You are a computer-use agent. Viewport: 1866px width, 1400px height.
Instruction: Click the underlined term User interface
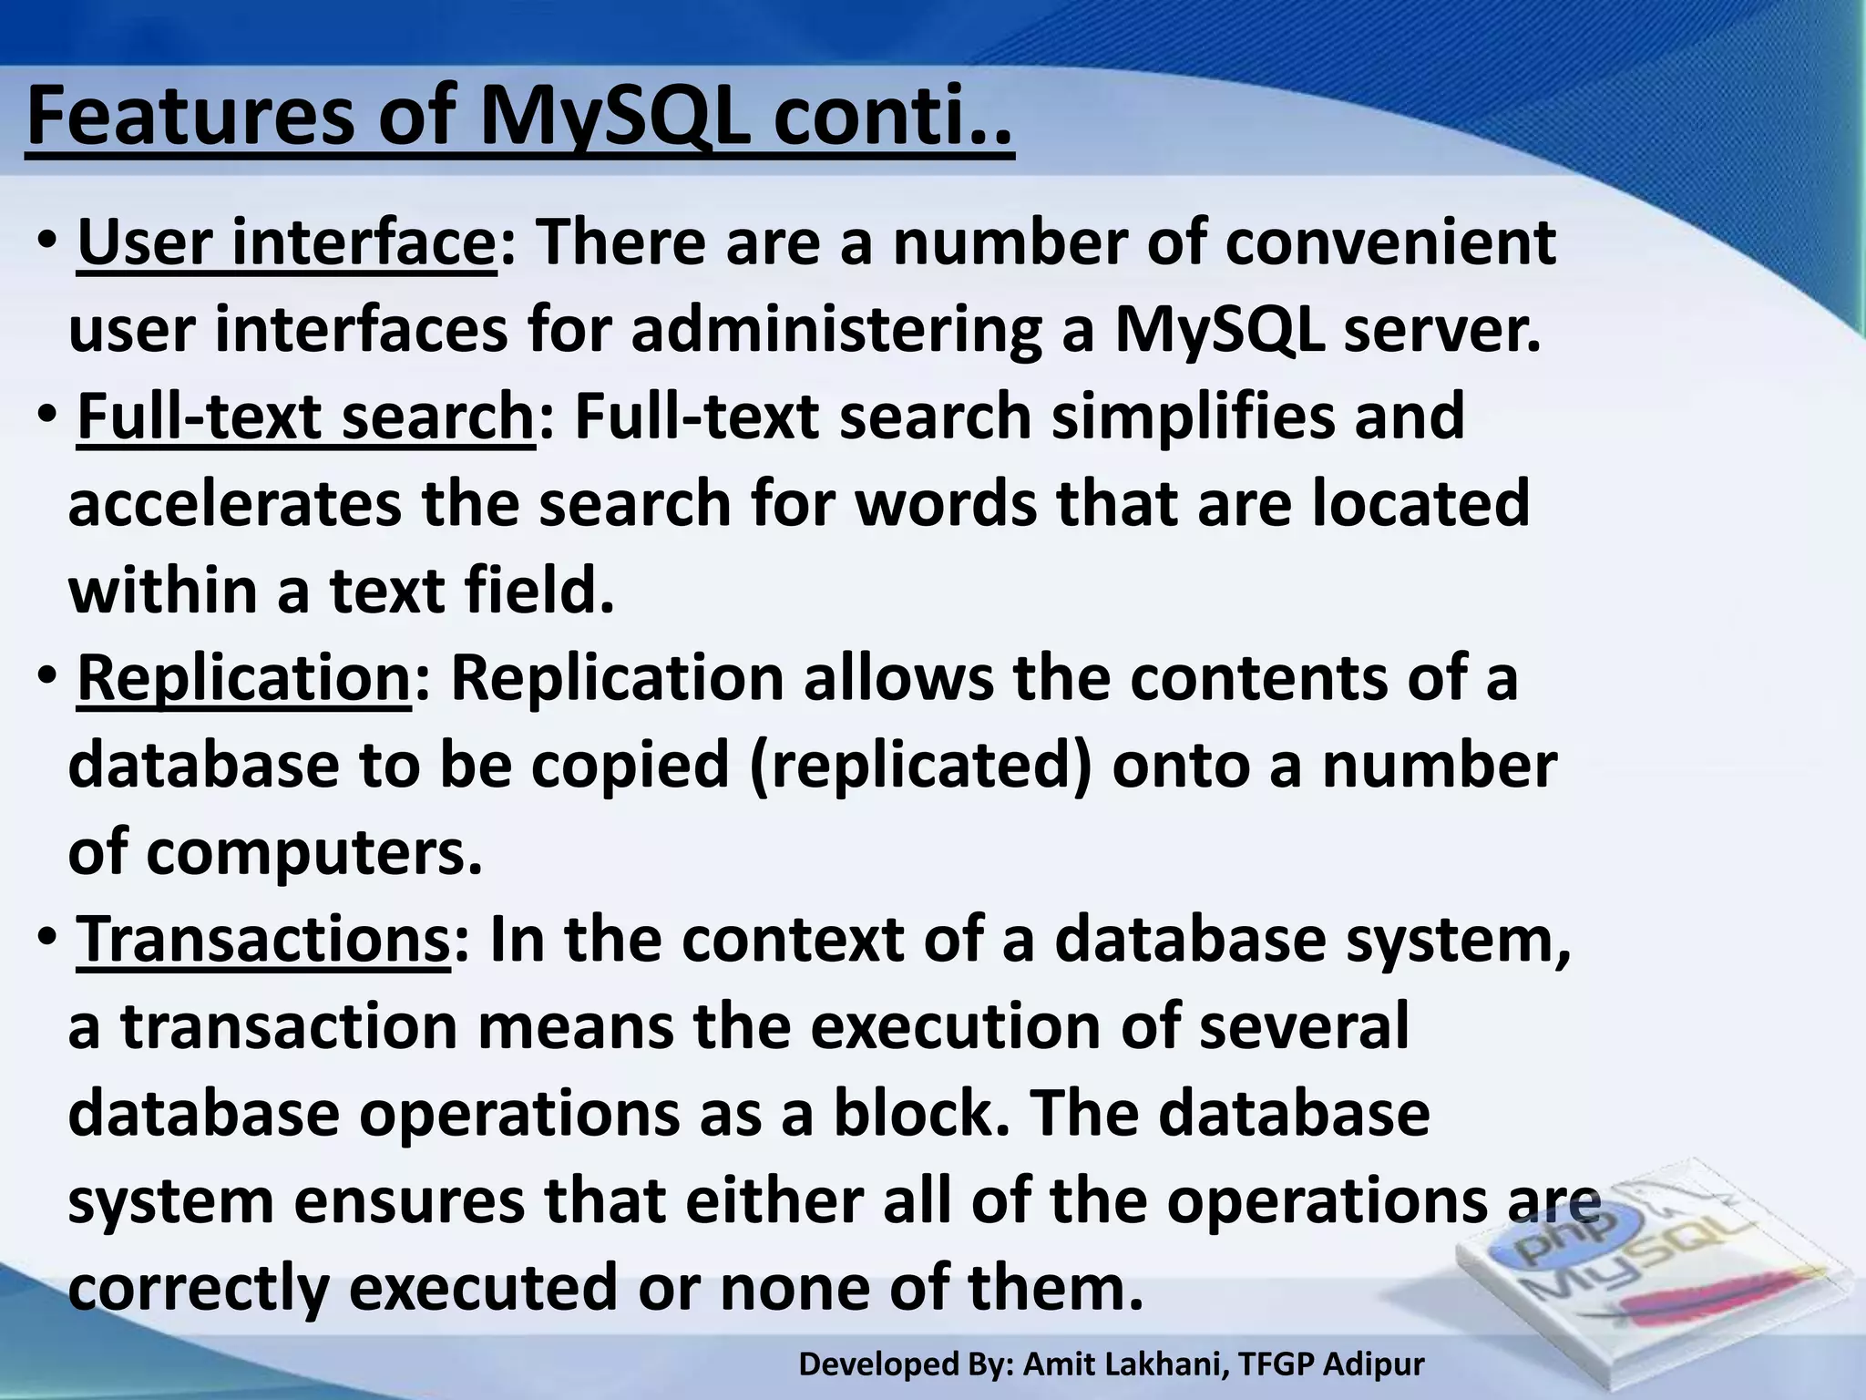coord(287,243)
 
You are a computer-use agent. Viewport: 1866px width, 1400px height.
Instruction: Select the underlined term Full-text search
coord(305,417)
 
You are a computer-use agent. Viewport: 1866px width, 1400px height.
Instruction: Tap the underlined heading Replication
coord(244,679)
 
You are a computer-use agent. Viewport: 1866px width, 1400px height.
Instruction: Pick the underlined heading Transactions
coord(263,941)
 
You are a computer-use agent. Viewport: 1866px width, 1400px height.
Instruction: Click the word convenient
coord(1389,243)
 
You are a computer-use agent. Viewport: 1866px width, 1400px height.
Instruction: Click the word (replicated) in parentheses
coord(920,766)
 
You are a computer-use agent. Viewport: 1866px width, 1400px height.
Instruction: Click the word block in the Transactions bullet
coord(920,1114)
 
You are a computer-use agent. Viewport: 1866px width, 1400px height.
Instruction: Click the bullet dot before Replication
coord(47,678)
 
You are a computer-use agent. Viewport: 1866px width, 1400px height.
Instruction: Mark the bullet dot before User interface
coord(47,243)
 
